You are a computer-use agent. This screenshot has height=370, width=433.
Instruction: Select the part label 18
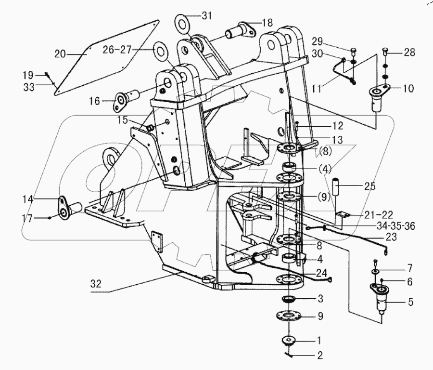point(267,23)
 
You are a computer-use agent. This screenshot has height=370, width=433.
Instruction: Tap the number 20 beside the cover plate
point(60,54)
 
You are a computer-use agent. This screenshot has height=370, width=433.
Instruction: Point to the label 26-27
point(117,49)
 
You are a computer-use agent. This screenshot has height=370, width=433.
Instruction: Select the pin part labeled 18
point(238,33)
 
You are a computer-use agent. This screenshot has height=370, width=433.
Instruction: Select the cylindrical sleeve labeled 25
point(335,185)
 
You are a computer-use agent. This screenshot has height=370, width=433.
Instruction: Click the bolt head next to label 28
point(385,50)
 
